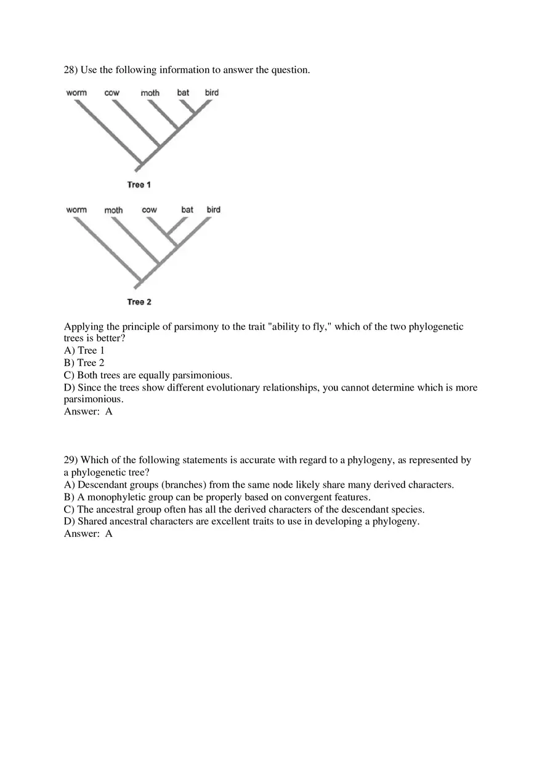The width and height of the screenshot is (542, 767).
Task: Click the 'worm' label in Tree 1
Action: pyautogui.click(x=76, y=93)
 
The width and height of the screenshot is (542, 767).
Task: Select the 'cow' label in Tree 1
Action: pyautogui.click(x=112, y=93)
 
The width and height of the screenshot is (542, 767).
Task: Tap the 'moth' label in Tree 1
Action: pyautogui.click(x=150, y=93)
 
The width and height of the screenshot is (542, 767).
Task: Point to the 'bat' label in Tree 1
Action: pyautogui.click(x=183, y=93)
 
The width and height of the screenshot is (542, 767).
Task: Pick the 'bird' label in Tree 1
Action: pyautogui.click(x=212, y=93)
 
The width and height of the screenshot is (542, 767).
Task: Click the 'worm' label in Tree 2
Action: pyautogui.click(x=76, y=210)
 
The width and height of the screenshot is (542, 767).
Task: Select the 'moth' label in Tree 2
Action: pyautogui.click(x=113, y=210)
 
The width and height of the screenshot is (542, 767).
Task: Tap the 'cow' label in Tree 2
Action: pyautogui.click(x=149, y=210)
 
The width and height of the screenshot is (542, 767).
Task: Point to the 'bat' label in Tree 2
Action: pyautogui.click(x=187, y=210)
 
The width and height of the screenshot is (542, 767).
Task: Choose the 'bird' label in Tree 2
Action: pyautogui.click(x=213, y=210)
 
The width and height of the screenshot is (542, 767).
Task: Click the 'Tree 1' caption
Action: pyautogui.click(x=139, y=185)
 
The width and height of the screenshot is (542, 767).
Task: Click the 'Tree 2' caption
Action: pyautogui.click(x=139, y=302)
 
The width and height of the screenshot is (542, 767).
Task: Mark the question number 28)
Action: pyautogui.click(x=71, y=70)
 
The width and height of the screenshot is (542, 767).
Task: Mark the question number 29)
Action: pyautogui.click(x=71, y=460)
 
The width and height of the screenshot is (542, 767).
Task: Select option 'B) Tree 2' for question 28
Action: pyautogui.click(x=84, y=363)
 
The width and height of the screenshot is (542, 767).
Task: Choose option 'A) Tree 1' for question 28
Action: pyautogui.click(x=84, y=351)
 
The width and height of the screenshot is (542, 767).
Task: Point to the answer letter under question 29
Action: pyautogui.click(x=109, y=534)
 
